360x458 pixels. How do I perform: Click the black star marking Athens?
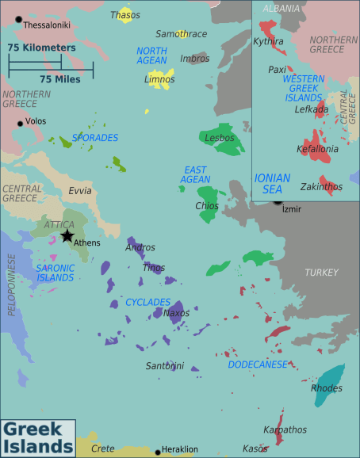coord(67,235)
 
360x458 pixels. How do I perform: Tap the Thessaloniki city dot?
coord(19,19)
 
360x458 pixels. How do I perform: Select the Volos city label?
coord(36,121)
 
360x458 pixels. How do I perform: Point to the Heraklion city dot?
coord(158,452)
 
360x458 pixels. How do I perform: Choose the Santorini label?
coord(165,365)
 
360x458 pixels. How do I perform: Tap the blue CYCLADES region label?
coord(147,302)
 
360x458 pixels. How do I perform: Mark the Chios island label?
coord(206,206)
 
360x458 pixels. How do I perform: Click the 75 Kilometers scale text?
coord(42,48)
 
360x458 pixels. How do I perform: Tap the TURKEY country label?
coord(321,273)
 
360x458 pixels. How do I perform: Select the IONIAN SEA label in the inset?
coord(272,183)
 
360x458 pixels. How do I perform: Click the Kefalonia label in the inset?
coord(317,149)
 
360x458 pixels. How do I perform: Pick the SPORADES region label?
coord(94,138)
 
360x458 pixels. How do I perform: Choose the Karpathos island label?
coord(285,429)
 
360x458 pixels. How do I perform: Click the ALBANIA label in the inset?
coord(281,8)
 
